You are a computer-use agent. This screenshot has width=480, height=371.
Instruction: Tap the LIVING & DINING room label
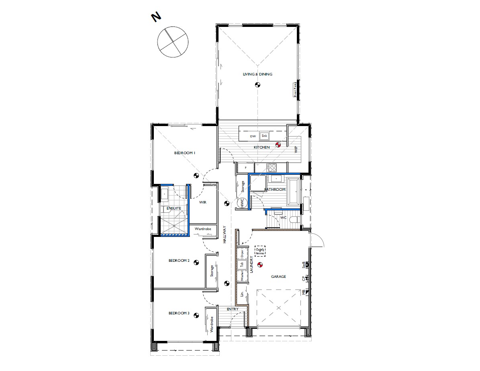point(257,74)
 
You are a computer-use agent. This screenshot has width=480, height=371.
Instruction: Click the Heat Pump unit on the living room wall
point(294,90)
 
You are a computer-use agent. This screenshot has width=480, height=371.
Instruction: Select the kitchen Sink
point(264,136)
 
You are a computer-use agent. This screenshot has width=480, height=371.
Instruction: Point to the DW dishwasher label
point(253,137)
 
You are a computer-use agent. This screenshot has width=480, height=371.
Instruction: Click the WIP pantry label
point(296,150)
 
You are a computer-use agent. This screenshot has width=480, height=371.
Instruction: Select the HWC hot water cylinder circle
point(242,203)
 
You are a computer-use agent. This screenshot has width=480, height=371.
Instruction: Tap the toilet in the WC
point(293,219)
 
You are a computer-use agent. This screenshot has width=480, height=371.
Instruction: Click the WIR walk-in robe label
point(202,202)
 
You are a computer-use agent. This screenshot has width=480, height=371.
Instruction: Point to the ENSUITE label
point(174,208)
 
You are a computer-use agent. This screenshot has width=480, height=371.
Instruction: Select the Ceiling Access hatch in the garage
point(260,251)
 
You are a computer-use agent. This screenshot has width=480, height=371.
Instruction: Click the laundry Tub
point(242,264)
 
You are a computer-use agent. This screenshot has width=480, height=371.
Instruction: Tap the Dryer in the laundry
point(242,253)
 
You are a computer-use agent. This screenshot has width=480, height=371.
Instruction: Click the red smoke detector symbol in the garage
point(259,265)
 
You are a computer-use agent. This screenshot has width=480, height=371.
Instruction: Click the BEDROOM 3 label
point(179,313)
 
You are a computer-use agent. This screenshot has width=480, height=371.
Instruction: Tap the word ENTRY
point(233,309)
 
